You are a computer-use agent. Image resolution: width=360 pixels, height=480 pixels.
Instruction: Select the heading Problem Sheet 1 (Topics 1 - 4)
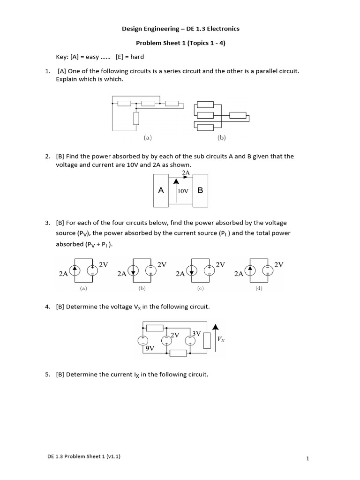click(x=180, y=43)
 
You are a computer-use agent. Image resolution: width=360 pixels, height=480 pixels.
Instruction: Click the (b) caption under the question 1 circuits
click(x=221, y=138)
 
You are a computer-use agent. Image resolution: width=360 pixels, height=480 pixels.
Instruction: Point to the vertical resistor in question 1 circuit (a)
click(x=136, y=119)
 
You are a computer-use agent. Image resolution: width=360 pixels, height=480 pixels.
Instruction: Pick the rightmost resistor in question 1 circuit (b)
click(x=238, y=116)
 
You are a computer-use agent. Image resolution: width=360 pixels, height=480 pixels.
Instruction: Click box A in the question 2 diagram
click(x=161, y=190)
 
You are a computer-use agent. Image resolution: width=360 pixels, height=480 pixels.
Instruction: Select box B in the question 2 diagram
click(x=200, y=190)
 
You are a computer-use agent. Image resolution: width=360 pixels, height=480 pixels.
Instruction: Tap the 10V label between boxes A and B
click(x=182, y=191)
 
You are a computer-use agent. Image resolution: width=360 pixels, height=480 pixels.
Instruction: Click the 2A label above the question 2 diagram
click(x=186, y=172)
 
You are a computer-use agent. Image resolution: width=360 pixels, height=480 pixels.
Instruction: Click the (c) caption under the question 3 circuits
click(x=200, y=289)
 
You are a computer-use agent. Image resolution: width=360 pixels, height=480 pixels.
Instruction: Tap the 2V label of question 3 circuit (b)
click(x=162, y=265)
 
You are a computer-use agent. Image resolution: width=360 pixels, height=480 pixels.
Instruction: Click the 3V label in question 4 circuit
click(x=196, y=334)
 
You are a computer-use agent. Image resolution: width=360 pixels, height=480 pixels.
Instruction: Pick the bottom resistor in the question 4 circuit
click(x=178, y=352)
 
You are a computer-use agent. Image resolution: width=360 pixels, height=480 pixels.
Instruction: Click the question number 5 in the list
click(x=47, y=375)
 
